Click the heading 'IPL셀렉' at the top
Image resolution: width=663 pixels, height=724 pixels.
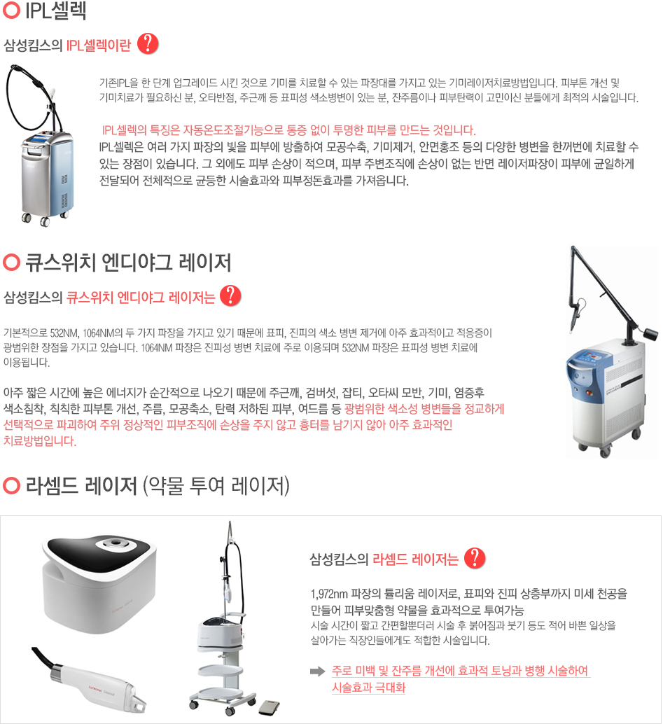coord(55,11)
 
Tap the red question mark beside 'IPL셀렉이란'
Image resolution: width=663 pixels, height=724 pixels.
coord(148,44)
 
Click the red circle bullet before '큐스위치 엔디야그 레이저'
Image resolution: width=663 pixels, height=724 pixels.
coord(11,263)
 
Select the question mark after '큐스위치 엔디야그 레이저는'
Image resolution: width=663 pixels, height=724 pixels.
coord(230,295)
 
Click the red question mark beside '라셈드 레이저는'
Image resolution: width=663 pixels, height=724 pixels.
coord(475,558)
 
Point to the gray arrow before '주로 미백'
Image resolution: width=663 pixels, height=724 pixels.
coord(318,671)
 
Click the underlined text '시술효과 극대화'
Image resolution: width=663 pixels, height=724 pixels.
coord(368,688)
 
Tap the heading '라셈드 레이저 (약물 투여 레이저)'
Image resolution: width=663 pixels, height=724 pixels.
coord(158,486)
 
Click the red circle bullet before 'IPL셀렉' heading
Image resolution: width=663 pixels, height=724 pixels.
coord(11,11)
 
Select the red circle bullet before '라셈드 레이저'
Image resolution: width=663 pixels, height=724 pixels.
coord(11,486)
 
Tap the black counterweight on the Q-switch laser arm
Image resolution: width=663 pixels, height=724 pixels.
coord(650,334)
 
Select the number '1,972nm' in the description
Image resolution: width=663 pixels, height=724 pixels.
coord(329,594)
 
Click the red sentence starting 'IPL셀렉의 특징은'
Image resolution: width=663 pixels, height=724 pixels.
coord(289,130)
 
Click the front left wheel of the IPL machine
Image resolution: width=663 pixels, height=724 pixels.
coord(27,218)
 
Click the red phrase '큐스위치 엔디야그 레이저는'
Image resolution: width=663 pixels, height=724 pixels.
coord(141,297)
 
